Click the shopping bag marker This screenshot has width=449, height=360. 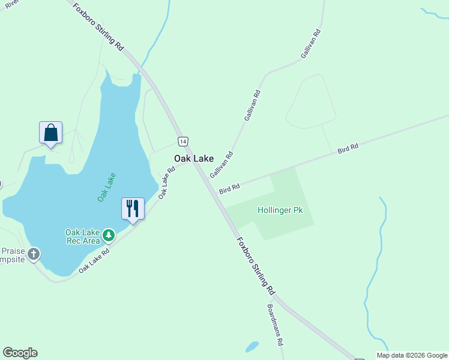[51, 133]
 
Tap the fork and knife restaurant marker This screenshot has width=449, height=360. [133, 209]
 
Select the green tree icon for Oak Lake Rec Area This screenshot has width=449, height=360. [109, 235]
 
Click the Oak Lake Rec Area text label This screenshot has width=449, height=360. [82, 236]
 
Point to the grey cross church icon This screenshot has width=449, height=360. [34, 254]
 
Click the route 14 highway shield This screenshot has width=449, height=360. [183, 141]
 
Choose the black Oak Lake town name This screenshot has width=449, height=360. [194, 158]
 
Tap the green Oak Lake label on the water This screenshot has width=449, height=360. [106, 187]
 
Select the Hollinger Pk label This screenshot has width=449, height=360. [280, 211]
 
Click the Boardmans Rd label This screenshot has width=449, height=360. [275, 325]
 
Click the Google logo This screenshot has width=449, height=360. [20, 353]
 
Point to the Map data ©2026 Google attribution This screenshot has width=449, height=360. [412, 355]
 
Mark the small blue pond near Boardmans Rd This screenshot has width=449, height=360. [252, 347]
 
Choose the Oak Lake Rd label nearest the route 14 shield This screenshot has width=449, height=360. [166, 182]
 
